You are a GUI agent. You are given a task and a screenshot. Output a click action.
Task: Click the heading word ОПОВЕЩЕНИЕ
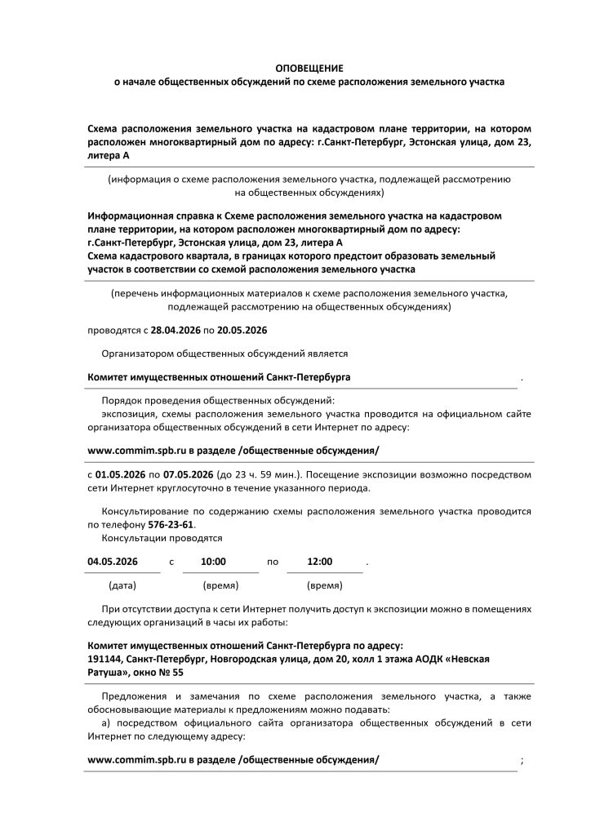tap(309, 69)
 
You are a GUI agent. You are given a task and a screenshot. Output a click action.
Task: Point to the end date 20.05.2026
tap(243, 331)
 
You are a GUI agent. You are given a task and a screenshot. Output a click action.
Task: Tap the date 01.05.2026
tap(121, 474)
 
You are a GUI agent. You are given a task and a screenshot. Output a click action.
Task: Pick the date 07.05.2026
tap(189, 474)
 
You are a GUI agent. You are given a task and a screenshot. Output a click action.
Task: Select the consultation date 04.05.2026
tap(113, 562)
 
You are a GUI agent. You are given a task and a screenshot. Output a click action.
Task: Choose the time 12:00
tap(319, 562)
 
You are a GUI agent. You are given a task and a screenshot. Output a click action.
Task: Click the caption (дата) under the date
tap(122, 586)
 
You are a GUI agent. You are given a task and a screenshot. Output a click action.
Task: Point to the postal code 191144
tap(104, 658)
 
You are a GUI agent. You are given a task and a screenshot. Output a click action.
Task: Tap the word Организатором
tap(136, 354)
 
